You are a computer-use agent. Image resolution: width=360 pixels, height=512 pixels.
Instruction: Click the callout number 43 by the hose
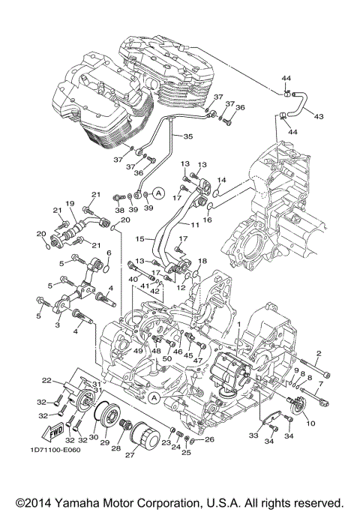click(319, 116)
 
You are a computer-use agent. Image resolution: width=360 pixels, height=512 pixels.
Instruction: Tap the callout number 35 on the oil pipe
click(187, 136)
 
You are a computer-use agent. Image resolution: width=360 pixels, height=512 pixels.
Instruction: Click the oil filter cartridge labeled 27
click(142, 435)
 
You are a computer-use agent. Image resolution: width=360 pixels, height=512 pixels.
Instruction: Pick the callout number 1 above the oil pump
click(238, 325)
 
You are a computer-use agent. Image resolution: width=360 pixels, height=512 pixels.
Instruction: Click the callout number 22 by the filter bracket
click(46, 381)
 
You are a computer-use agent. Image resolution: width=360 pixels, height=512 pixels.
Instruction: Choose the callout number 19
click(67, 204)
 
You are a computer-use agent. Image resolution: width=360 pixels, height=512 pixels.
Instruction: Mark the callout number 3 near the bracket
click(56, 326)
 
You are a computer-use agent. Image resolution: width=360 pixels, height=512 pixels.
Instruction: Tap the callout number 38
click(119, 211)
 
